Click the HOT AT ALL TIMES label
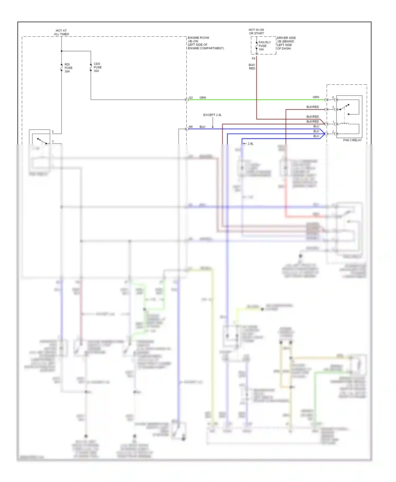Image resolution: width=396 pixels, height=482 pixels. pos(61,32)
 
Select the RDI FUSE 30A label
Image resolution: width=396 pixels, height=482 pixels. pos(68,68)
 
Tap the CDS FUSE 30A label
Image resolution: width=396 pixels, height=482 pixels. pos(97,67)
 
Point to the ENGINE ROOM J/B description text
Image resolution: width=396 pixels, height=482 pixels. pos(206,43)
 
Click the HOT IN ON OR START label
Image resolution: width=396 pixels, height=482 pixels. pos(256,32)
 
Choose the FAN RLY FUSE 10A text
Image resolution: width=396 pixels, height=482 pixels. pos(265,46)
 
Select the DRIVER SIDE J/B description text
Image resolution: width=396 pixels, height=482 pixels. pos(286,43)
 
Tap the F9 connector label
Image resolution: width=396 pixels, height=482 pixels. pos(253,59)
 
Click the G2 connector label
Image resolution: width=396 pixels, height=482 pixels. pos(191,98)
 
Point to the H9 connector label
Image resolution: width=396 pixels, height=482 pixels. pos(191,127)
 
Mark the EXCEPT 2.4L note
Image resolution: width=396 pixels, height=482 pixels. pos(212,115)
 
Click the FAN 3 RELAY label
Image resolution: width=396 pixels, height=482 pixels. pos(352,140)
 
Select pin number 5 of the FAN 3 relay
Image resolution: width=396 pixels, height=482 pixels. pos(333,98)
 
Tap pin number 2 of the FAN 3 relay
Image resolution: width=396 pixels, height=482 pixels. pos(333,132)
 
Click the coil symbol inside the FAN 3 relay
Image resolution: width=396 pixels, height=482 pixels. pos(344,123)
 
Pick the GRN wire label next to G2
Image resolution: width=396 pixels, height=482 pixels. pos(202,98)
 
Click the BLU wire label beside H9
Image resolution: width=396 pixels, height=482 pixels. pos(202,127)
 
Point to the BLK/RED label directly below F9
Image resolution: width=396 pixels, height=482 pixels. pos(252,67)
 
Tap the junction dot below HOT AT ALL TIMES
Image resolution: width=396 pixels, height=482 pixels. pos(62,51)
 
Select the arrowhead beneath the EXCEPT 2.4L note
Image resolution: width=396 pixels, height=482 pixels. pos(213,127)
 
